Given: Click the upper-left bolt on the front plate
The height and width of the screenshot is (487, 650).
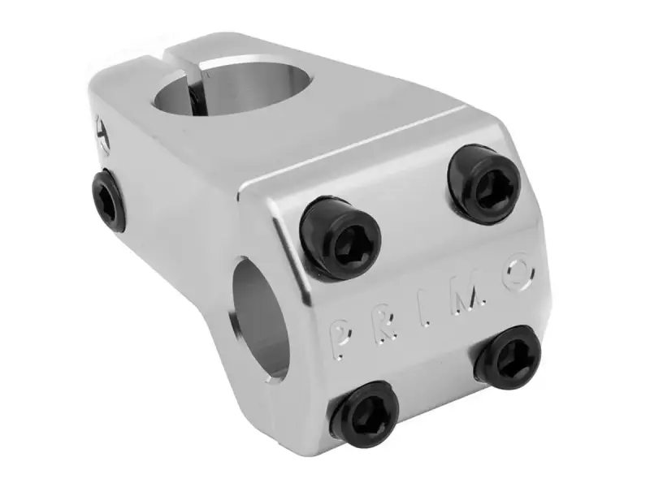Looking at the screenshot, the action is pos(340,238).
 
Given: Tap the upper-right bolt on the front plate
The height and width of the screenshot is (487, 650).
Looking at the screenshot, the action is pos(484,185).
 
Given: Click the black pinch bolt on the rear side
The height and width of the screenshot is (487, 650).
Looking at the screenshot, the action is pos(108,200).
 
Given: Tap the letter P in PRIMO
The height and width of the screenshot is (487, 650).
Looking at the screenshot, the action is pos(341,338).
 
